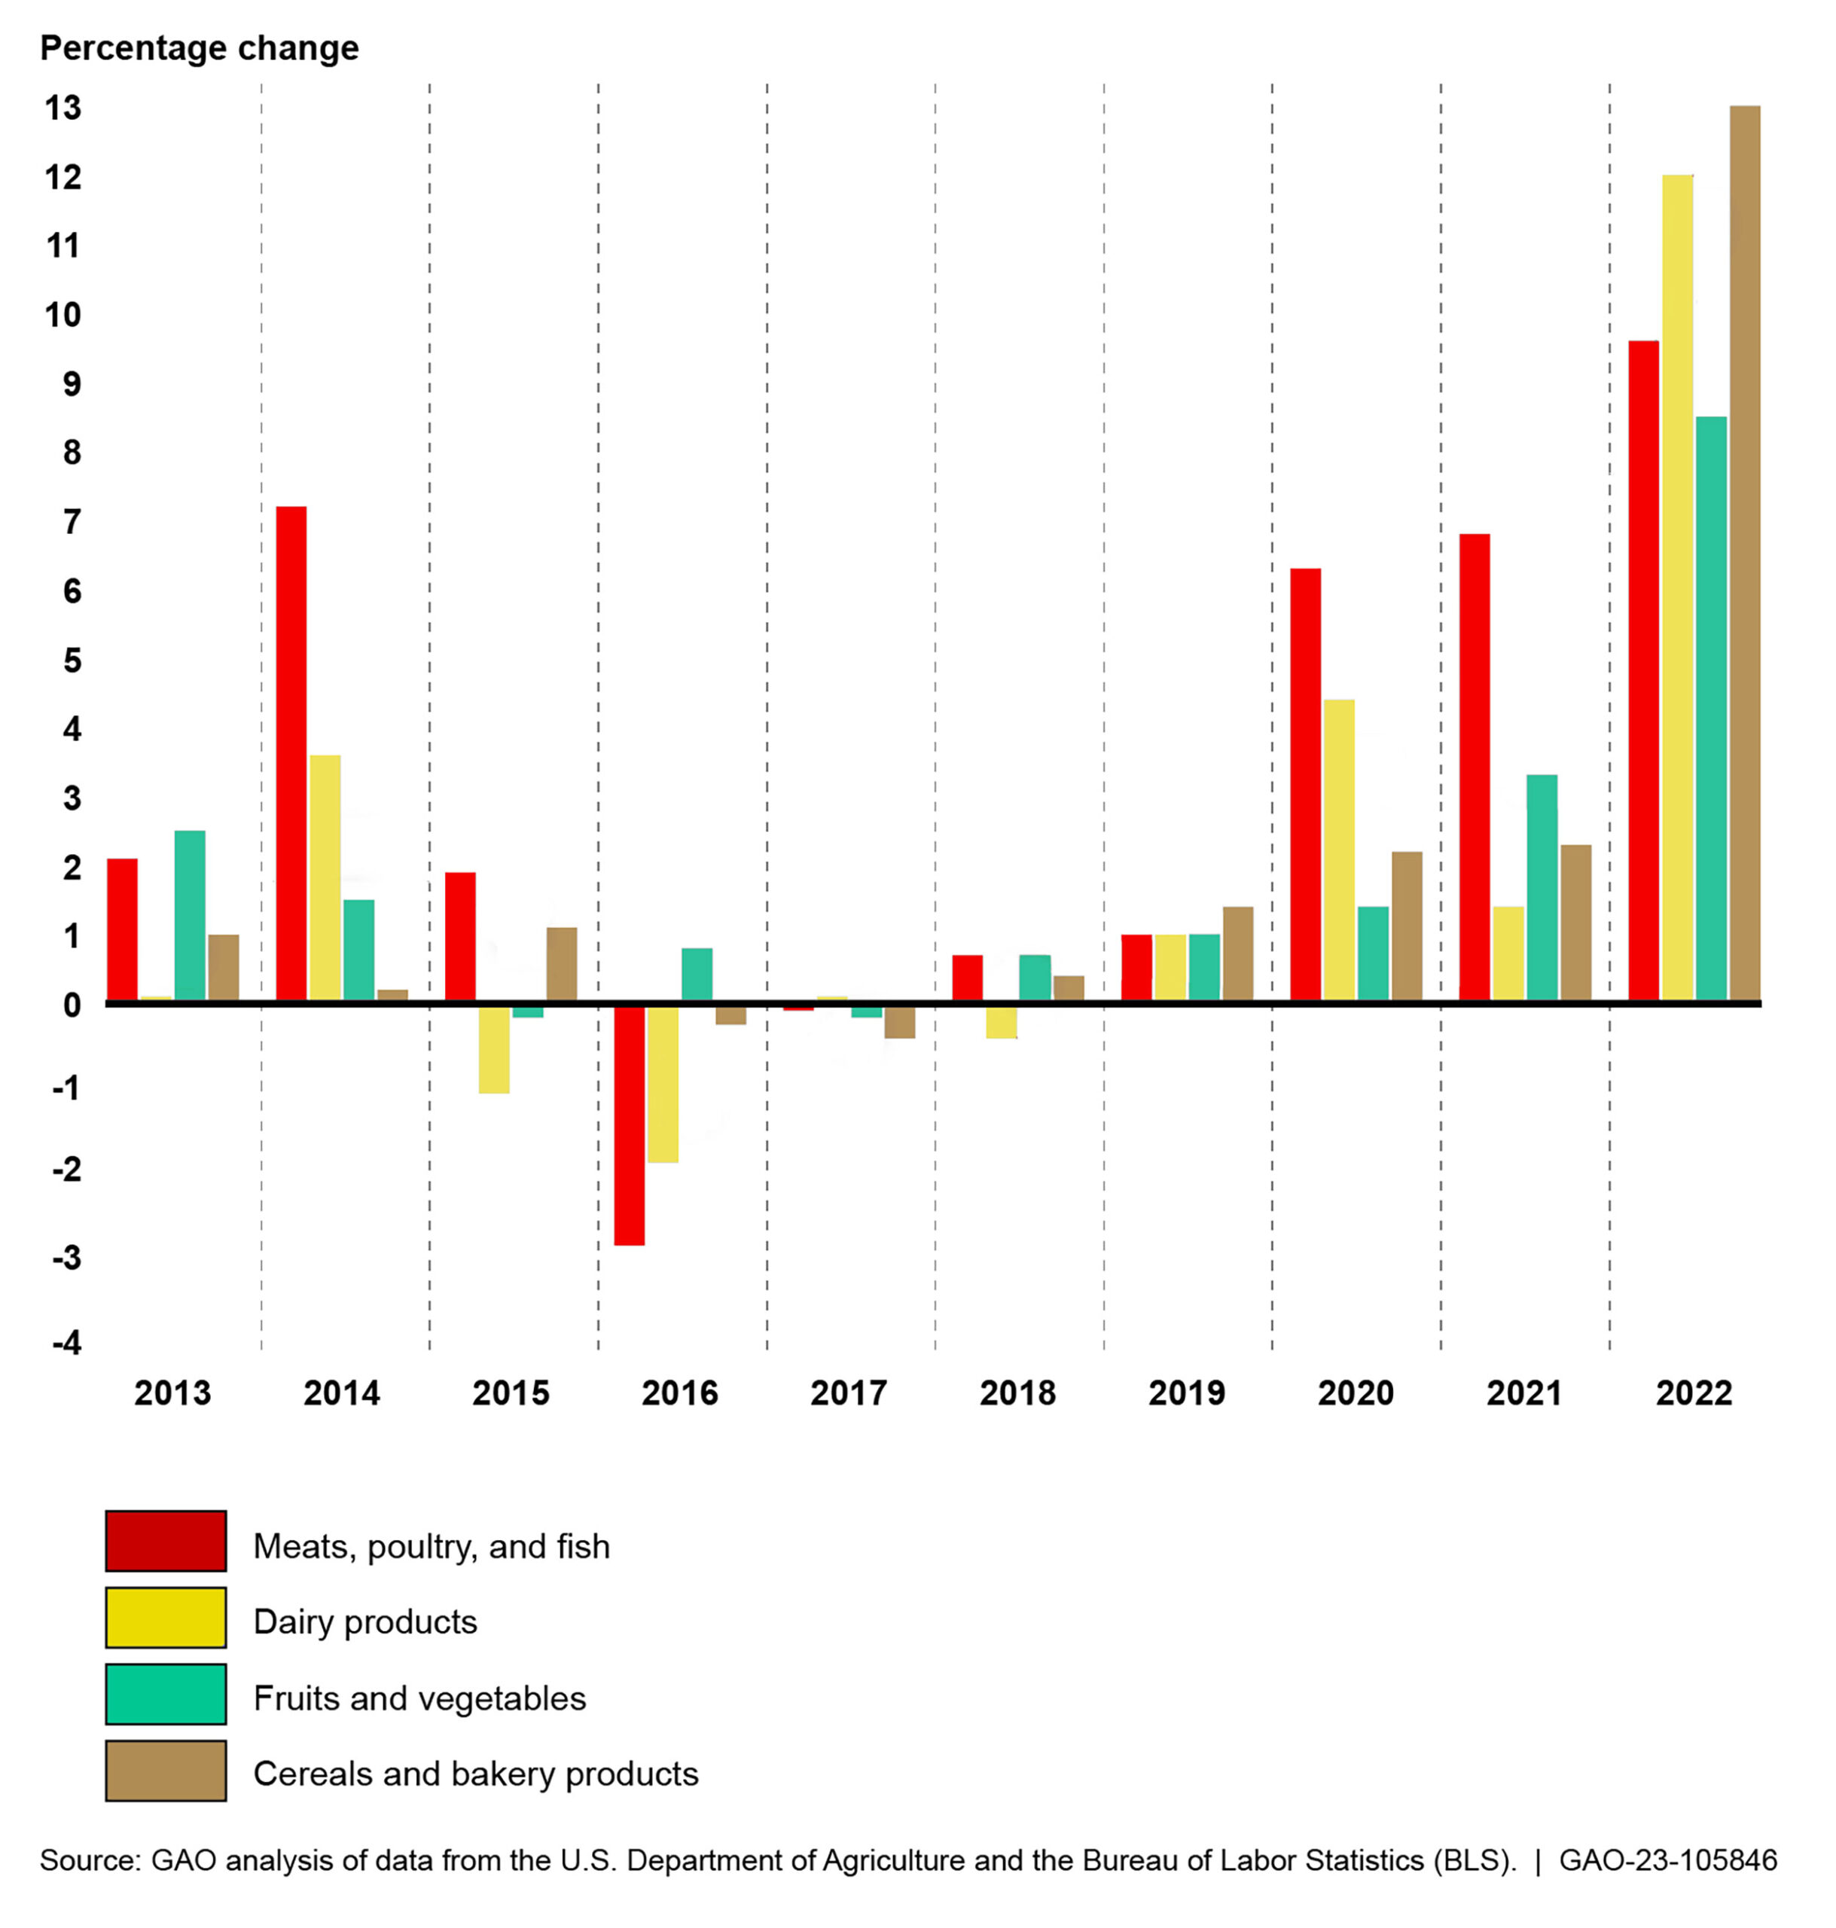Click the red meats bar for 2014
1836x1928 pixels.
pos(291,754)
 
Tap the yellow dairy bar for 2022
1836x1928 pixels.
pos(1676,587)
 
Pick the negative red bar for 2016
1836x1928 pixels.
pos(630,1125)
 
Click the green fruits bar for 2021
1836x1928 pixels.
pos(1542,886)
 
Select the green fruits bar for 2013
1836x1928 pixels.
pos(190,915)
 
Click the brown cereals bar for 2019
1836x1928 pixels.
pos(1237,953)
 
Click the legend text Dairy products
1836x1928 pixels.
pos(365,1621)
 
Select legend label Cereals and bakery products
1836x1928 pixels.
pos(476,1774)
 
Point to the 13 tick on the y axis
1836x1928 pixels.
pos(63,108)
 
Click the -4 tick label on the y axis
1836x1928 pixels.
pos(66,1342)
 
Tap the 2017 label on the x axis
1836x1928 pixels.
pos(849,1393)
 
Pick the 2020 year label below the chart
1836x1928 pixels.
pos(1356,1393)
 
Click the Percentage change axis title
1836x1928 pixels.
pos(200,48)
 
